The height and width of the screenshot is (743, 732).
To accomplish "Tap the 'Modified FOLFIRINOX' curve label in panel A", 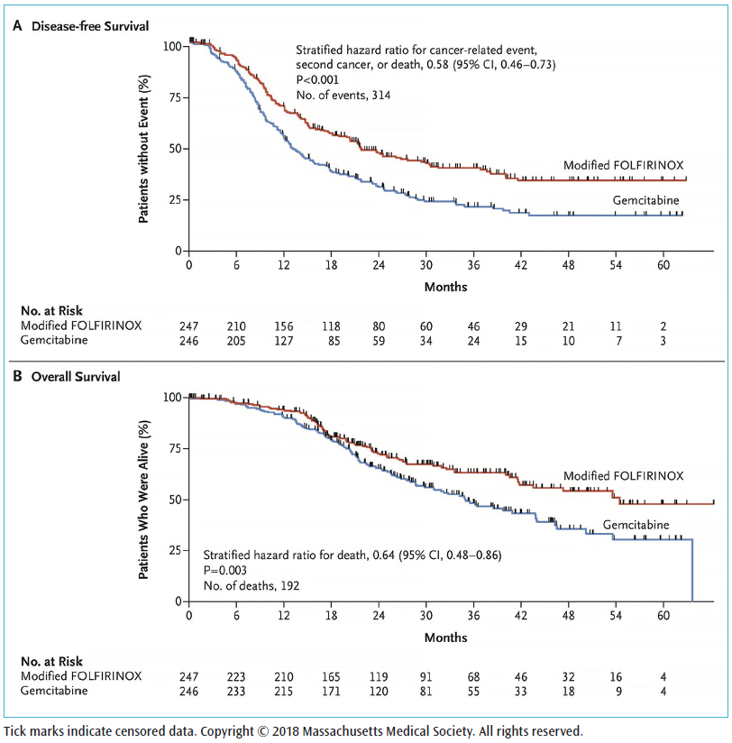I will tap(623, 165).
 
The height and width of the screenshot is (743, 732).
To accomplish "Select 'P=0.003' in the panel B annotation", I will tap(226, 570).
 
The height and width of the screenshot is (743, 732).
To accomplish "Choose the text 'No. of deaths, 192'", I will tap(252, 585).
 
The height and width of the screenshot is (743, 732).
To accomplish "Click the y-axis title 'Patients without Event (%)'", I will tap(144, 148).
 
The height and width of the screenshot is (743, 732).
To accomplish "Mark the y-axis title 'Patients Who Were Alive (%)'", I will tap(144, 500).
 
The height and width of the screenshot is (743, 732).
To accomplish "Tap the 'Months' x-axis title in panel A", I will tap(446, 287).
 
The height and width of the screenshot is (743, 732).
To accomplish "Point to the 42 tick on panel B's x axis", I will tap(520, 616).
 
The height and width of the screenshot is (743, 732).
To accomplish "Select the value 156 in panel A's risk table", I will tap(283, 325).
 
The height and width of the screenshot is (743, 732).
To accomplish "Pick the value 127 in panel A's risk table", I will tap(283, 339).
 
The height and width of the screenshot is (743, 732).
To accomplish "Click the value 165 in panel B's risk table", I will tap(331, 675).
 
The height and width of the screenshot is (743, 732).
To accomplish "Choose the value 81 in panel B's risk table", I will tap(425, 690).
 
